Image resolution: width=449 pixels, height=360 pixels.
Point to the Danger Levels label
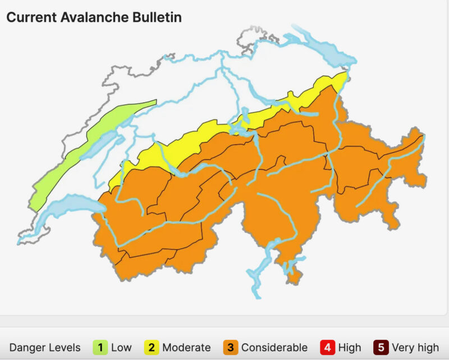pyautogui.click(x=45, y=348)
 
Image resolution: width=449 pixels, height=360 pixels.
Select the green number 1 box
pyautogui.click(x=100, y=348)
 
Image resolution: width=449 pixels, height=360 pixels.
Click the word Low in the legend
pyautogui.click(x=121, y=348)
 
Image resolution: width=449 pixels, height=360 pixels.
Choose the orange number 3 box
pyautogui.click(x=231, y=348)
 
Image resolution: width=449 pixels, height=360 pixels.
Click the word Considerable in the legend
pyautogui.click(x=274, y=348)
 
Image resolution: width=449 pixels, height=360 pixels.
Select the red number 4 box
pyautogui.click(x=327, y=348)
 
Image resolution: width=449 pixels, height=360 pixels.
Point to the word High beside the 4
pyautogui.click(x=350, y=348)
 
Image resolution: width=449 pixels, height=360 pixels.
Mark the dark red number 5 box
pyautogui.click(x=381, y=348)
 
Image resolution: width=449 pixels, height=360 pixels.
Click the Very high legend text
pyautogui.click(x=415, y=348)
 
